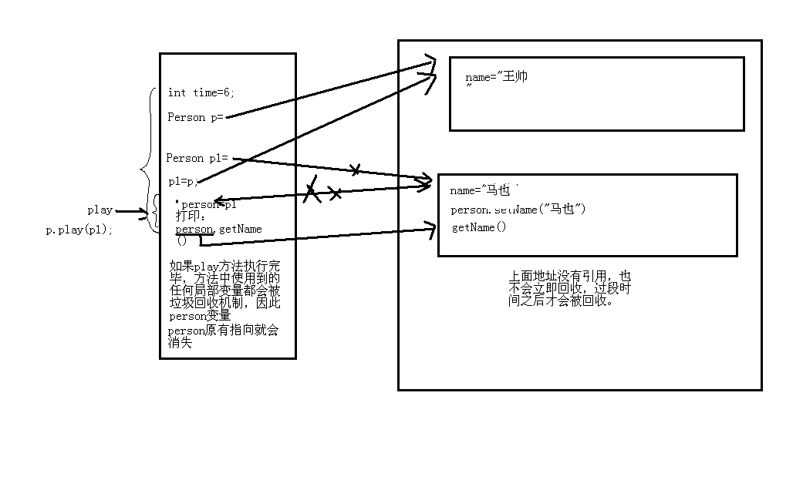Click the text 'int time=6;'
coord(201,92)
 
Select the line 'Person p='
coord(195,117)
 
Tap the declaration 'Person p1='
coord(197,158)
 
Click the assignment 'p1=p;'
coord(184,182)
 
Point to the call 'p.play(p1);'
coord(79,230)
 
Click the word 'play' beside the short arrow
coord(100,210)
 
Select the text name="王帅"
coord(497,77)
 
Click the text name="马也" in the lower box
coord(480,190)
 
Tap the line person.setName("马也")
coord(518,210)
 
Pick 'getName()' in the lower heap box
coord(479,227)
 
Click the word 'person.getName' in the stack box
coord(218,229)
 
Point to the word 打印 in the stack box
coord(187,217)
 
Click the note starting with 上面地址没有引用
coord(569,288)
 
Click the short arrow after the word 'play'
coord(130,210)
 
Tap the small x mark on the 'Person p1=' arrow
coord(355,170)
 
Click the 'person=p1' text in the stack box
coord(208,205)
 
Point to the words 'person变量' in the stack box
coord(200,316)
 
